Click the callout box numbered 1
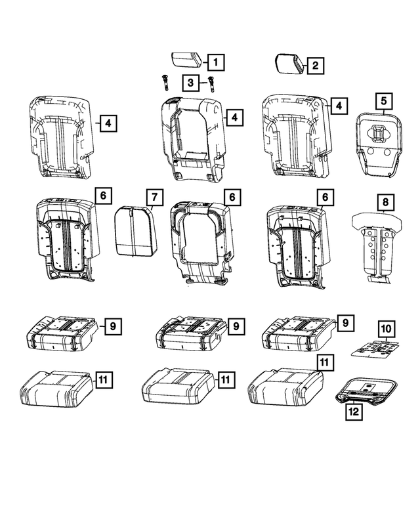[x=214, y=62]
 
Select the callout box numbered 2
[x=315, y=65]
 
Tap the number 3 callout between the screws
[x=190, y=82]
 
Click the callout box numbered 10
[x=385, y=328]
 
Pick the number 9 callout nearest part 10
[x=343, y=322]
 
